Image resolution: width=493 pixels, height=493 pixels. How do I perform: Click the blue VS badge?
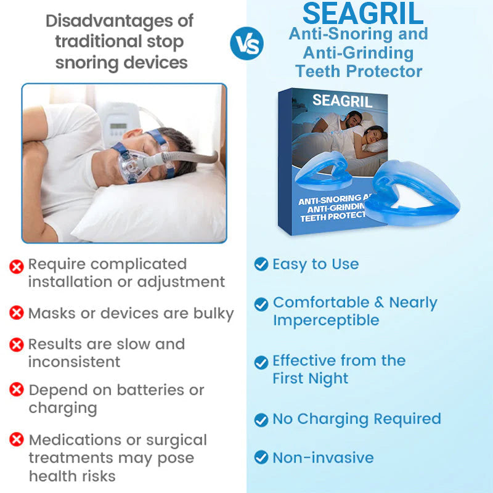(x=246, y=44)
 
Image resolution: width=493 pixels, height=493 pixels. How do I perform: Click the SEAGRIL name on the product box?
(x=343, y=100)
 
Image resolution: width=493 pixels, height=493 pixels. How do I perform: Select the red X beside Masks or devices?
(x=17, y=313)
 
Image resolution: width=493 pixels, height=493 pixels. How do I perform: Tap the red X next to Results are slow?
(x=17, y=344)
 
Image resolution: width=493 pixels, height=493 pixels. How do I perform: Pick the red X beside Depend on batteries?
(x=17, y=390)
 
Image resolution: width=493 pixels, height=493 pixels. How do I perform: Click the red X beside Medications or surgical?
(x=17, y=440)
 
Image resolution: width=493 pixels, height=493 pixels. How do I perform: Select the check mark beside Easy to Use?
(x=261, y=264)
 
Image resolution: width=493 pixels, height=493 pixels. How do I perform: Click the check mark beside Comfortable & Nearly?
(x=261, y=304)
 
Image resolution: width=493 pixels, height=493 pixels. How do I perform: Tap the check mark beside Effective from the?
(x=261, y=362)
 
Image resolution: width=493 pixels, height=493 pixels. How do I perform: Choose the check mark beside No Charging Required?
(x=261, y=420)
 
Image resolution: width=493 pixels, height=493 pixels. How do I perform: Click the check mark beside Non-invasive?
(x=261, y=458)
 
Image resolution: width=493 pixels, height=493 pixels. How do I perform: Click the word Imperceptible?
(x=326, y=320)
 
